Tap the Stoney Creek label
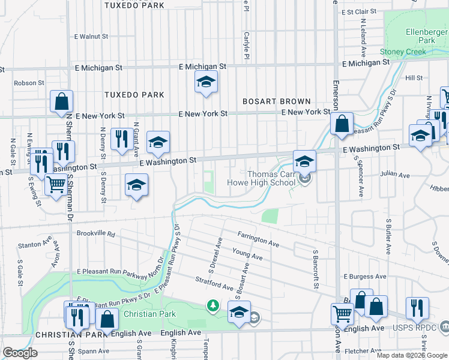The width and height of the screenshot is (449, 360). click(x=403, y=52)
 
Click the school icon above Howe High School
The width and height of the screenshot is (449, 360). click(x=304, y=161)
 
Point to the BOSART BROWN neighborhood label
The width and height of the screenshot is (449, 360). click(x=276, y=102)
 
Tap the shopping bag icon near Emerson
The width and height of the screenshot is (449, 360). click(x=342, y=124)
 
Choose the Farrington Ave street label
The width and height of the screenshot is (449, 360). click(x=258, y=239)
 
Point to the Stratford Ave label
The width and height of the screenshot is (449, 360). click(x=214, y=283)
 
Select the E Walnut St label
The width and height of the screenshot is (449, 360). click(x=90, y=37)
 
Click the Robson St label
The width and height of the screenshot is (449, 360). click(x=29, y=83)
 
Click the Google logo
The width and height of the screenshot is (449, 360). click(x=20, y=353)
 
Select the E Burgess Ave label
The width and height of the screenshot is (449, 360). click(x=363, y=277)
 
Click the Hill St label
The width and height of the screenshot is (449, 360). click(x=414, y=78)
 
